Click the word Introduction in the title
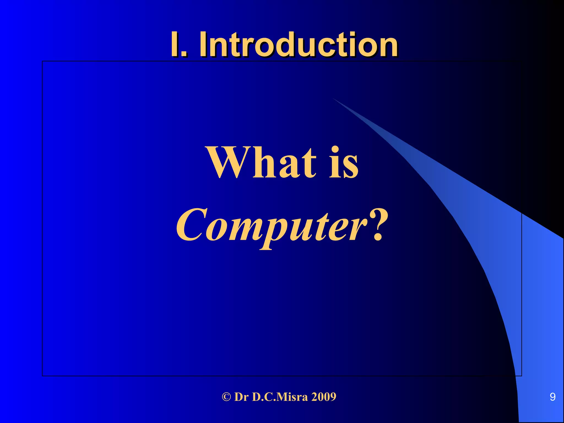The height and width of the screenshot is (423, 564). point(299,44)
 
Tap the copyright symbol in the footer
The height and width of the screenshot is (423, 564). point(226,397)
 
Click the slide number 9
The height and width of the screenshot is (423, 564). point(552,397)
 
